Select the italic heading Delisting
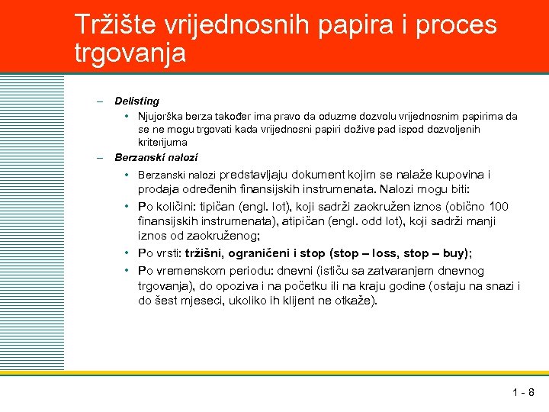(137, 101)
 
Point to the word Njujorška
(162, 117)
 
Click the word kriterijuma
(162, 142)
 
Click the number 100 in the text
(499, 207)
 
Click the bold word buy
(451, 253)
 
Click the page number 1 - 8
(523, 393)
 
